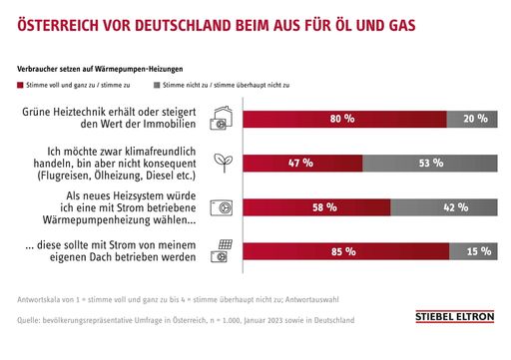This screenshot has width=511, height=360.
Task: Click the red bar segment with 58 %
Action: [x=314, y=207]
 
